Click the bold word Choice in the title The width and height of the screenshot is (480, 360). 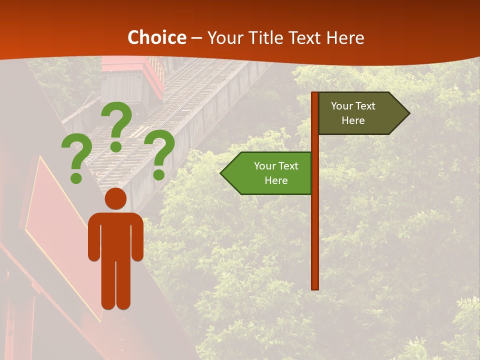156,38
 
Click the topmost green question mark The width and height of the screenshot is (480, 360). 117,122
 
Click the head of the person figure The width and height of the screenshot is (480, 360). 115,199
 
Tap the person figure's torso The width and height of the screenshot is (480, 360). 115,235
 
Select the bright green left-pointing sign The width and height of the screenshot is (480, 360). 272,173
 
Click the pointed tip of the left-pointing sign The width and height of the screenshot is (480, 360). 222,173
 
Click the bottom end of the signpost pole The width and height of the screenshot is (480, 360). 315,287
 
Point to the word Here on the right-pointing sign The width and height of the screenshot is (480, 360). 353,120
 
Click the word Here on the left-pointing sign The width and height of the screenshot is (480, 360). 276,180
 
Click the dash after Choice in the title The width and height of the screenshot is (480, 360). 196,38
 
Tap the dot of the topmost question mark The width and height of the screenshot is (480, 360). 116,146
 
